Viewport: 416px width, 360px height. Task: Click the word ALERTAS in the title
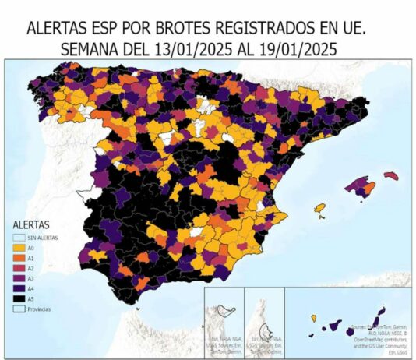coord(60,29)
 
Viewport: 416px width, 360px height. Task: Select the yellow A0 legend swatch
coord(19,248)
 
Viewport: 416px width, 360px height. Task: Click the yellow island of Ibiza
coord(319,208)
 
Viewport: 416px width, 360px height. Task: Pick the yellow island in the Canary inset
coord(314,318)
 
